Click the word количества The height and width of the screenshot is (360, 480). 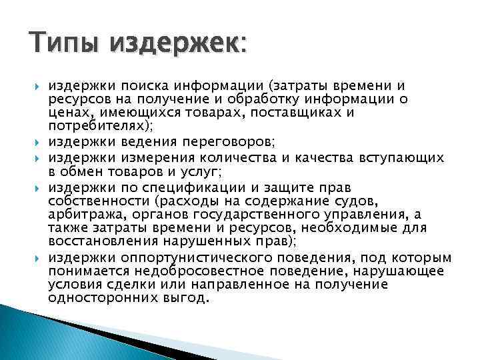253,157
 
